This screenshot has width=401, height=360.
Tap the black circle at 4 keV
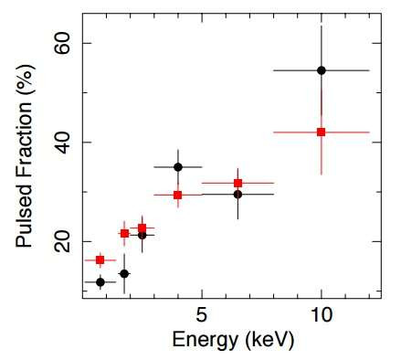[x=177, y=167]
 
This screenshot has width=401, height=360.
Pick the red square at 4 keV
[x=177, y=195]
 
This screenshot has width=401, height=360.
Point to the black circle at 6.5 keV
[x=237, y=194]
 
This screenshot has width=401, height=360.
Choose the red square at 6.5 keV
[x=237, y=183]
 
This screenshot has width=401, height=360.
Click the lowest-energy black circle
[x=100, y=281]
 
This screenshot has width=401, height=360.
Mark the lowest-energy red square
[x=100, y=260]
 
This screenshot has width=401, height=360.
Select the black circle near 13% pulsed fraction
[x=124, y=274]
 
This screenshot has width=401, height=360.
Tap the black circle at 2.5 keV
[x=142, y=235]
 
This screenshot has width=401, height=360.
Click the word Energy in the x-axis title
[x=200, y=341]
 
